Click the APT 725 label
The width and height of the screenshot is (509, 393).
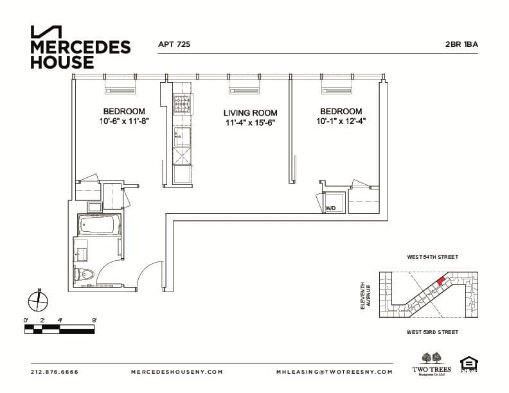174,45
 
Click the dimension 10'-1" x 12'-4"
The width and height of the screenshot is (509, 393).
341,121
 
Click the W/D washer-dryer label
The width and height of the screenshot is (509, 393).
330,209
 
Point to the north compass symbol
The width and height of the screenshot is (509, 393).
39,300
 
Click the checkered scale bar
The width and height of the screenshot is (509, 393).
59,329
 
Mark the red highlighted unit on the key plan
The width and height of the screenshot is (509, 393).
440,281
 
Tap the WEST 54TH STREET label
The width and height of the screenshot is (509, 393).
432,257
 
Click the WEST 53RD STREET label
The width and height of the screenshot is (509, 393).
432,332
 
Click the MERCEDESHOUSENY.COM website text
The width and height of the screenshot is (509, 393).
177,372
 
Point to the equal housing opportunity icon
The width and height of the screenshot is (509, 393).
468,364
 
